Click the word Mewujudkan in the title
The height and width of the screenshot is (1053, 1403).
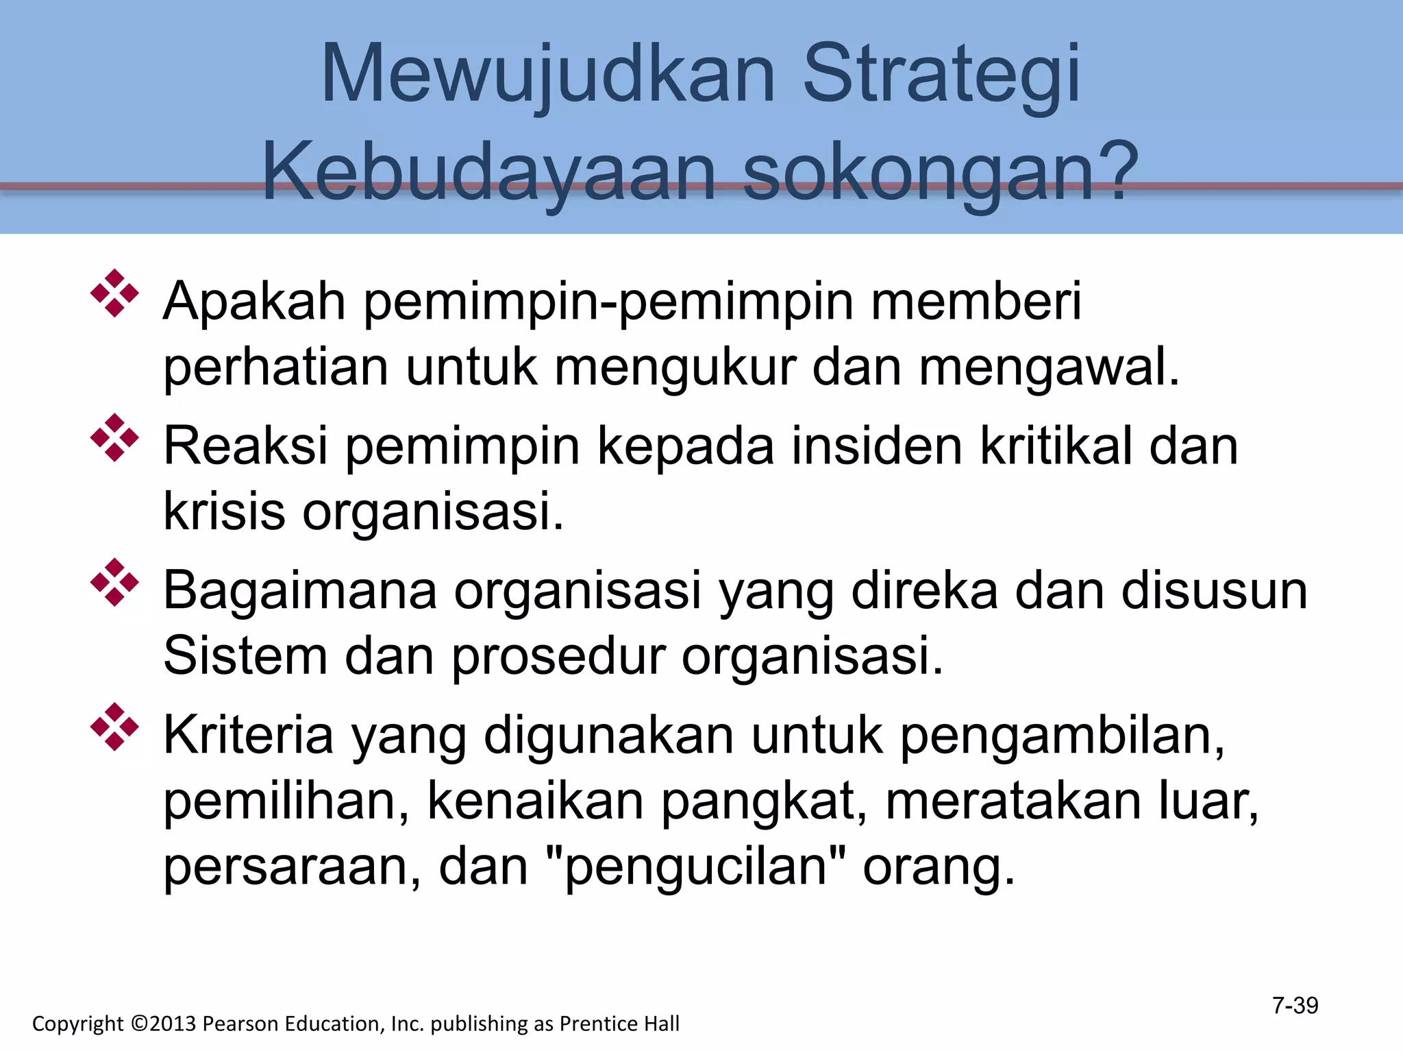(x=548, y=74)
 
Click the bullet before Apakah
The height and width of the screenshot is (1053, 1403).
(x=114, y=293)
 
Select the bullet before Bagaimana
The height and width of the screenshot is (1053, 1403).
(x=114, y=582)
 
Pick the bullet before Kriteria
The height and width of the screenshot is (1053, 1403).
(x=114, y=727)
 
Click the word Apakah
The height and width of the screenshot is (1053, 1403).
(x=254, y=302)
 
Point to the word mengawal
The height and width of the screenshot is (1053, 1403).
(x=1049, y=369)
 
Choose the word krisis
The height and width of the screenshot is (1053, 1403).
(x=224, y=511)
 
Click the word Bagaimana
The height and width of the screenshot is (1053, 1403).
(x=300, y=591)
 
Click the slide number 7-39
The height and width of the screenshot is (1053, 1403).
(x=1295, y=1006)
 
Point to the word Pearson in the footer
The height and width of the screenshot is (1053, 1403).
(x=241, y=1024)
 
